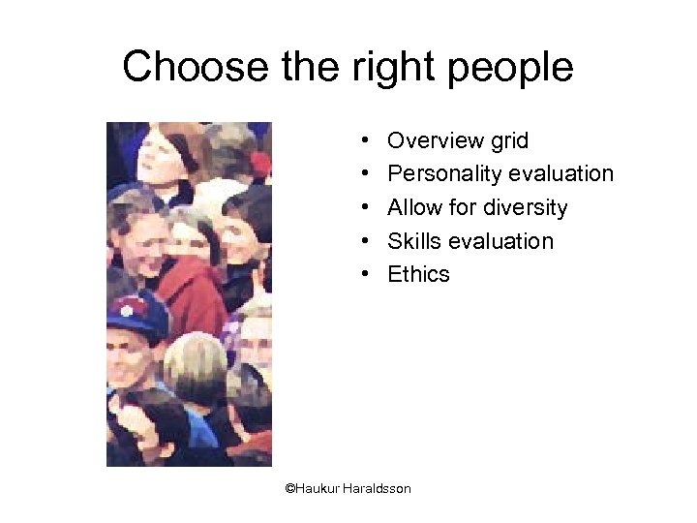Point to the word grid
(x=509, y=141)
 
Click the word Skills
(x=412, y=241)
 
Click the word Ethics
(x=418, y=274)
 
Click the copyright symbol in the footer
(x=289, y=489)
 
